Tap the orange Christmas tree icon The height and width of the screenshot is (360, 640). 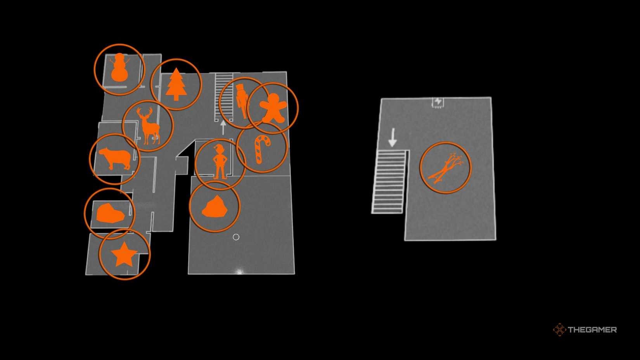(176, 84)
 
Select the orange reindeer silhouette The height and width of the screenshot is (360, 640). (148, 126)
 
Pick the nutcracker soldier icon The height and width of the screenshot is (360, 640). (242, 102)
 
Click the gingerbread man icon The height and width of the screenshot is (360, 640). (273, 107)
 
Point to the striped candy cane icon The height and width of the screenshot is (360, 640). (261, 149)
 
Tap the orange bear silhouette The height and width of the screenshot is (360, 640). (115, 158)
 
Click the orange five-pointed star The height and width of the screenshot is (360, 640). (124, 254)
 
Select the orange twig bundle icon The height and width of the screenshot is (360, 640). (445, 168)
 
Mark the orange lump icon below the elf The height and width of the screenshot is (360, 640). (214, 207)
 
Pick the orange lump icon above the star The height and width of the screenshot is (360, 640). (110, 213)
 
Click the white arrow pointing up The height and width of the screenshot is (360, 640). (223, 127)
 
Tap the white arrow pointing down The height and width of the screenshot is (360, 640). (393, 137)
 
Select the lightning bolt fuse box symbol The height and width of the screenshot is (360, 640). (438, 102)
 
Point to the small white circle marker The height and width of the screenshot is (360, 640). (236, 237)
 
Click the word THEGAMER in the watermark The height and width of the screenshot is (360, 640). (592, 330)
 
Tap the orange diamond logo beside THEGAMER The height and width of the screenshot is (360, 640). (559, 330)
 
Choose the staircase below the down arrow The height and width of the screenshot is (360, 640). (389, 182)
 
